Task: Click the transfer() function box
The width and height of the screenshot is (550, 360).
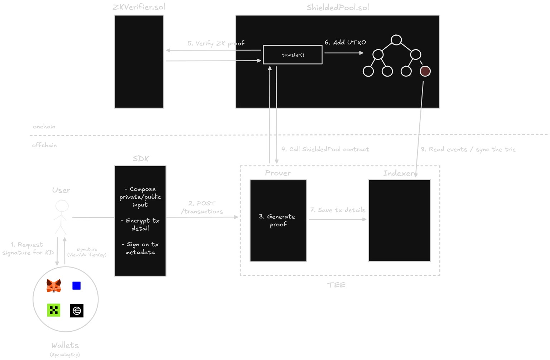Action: (293, 55)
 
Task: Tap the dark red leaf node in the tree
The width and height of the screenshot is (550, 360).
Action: (425, 71)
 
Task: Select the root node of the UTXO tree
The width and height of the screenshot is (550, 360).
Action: (396, 40)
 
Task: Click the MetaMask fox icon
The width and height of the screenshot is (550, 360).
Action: (54, 286)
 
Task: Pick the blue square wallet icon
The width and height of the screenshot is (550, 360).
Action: (76, 285)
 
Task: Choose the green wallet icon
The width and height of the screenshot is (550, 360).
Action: (54, 310)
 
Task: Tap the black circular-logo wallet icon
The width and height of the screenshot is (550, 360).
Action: (77, 311)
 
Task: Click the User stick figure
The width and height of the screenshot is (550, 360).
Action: (62, 217)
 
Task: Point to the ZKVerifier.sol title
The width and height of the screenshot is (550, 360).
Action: (139, 7)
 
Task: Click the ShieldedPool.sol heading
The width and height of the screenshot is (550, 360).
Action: (337, 8)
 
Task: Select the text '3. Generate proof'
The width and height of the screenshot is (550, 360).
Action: (278, 220)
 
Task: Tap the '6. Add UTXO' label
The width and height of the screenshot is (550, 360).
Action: (345, 42)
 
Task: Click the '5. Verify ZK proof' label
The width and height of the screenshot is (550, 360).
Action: (216, 43)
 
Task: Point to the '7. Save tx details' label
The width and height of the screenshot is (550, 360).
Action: (338, 210)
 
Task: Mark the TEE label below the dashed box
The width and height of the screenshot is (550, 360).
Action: (336, 285)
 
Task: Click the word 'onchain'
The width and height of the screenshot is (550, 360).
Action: (44, 126)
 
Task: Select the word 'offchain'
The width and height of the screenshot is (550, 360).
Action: (44, 145)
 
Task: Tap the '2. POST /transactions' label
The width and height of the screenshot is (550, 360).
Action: (202, 207)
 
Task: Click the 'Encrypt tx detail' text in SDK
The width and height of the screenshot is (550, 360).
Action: (140, 224)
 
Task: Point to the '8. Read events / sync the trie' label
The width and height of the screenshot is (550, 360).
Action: (468, 149)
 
